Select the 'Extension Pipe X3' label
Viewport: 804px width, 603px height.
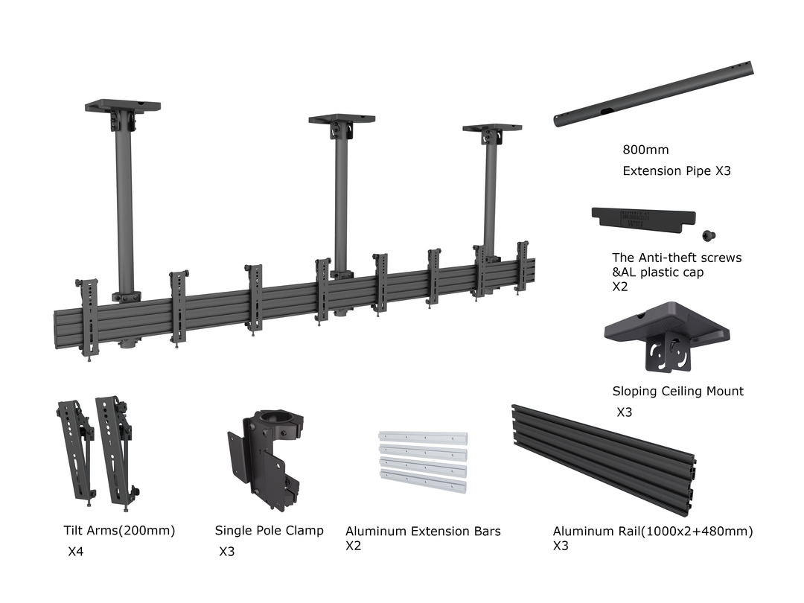point(677,171)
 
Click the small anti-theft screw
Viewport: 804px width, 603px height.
point(710,236)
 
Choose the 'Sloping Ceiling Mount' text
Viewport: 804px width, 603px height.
point(677,392)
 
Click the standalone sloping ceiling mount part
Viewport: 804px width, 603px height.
point(666,334)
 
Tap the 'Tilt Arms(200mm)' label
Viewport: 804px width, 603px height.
point(119,532)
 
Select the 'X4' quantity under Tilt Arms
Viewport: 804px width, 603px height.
point(75,552)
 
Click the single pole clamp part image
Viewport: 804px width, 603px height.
point(264,458)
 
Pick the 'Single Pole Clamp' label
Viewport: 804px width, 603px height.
point(269,531)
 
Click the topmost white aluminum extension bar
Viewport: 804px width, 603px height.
point(422,438)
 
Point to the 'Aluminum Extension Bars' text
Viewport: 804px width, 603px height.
point(423,532)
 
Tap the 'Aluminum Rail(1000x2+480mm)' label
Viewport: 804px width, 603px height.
point(652,532)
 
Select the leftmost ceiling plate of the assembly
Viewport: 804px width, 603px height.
point(123,106)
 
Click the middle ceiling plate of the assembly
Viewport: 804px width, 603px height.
point(342,118)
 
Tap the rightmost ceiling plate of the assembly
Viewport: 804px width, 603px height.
point(491,128)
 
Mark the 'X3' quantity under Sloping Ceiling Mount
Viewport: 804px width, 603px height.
point(624,412)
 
